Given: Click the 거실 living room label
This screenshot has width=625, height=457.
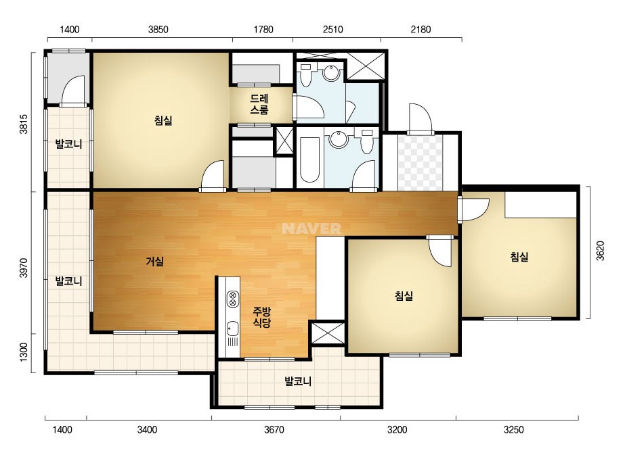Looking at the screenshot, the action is point(154,262).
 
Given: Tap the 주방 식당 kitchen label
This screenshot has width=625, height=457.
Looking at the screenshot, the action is point(262,317).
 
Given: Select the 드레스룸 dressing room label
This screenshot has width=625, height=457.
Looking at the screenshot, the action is point(259,104).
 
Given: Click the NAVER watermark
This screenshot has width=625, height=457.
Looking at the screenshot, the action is point(311,228).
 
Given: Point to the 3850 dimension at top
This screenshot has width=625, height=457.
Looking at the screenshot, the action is point(158,30).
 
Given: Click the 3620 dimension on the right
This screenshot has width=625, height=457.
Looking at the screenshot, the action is point(601,251).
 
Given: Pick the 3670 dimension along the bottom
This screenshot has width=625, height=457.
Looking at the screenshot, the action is point(274,430).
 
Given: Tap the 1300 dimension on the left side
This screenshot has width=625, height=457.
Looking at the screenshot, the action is point(24,352).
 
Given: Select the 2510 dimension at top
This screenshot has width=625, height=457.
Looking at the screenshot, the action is point(333,30).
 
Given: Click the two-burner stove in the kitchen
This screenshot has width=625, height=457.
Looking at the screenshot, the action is point(233,299).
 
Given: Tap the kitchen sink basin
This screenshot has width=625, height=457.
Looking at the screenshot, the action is point(232,329).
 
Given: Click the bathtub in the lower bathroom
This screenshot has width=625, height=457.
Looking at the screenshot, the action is point(309,160).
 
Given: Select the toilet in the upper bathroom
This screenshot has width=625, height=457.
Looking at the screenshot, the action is point(306,75).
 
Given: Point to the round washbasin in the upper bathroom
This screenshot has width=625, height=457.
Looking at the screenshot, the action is point(331,72).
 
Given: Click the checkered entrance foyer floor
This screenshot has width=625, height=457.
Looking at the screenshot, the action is point(421,163).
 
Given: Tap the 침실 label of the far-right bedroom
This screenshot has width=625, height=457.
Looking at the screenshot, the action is point(519,257).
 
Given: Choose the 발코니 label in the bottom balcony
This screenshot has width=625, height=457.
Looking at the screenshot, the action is point(298,382).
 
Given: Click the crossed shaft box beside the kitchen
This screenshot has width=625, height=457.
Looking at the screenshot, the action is point(328,333).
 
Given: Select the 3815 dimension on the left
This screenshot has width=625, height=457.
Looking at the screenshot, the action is point(24,124).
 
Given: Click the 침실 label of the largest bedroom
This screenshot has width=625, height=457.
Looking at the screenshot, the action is point(163,120).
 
